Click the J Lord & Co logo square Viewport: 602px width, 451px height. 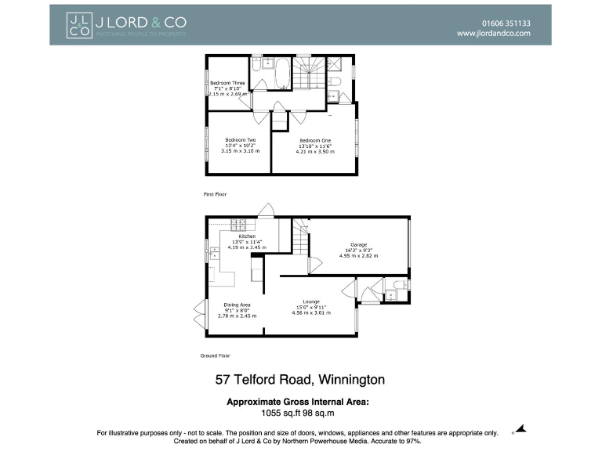pos(78,24)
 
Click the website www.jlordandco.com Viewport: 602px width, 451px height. pos(494,34)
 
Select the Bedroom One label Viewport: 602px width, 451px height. pos(315,140)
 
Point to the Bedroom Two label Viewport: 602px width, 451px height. pos(241,140)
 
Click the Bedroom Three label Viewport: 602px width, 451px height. pos(227,83)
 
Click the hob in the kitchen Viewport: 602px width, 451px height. pos(238,223)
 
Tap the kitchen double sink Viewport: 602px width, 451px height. pos(213,252)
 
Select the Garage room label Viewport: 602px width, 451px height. pos(359,244)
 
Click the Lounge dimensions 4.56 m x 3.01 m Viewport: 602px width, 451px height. pos(311,313)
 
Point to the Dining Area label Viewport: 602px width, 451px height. pos(238,305)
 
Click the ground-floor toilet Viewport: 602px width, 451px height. pos(398,285)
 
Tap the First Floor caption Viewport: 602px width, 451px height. pos(214,193)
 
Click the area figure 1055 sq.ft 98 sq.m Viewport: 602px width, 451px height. pos(297,413)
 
